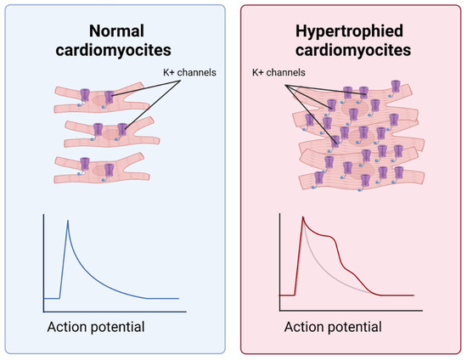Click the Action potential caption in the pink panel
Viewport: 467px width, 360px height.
(333, 327)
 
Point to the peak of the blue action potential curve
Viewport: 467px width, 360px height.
(67, 222)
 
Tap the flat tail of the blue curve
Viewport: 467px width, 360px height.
(161, 298)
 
